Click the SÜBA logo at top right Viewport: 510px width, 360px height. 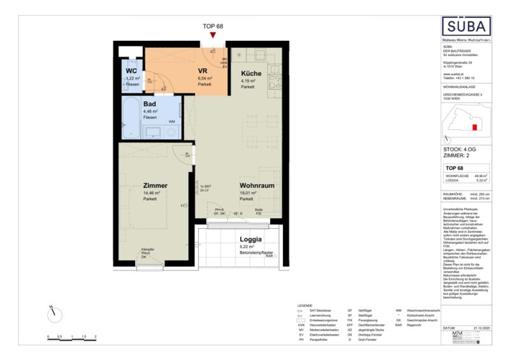click(x=467, y=26)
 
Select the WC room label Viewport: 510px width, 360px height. click(x=132, y=71)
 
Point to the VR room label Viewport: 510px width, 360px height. click(x=203, y=71)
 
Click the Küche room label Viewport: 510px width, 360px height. click(x=251, y=73)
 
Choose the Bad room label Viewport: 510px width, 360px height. click(x=150, y=104)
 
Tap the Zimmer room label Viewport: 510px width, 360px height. click(x=156, y=185)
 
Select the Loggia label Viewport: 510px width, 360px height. click(x=245, y=238)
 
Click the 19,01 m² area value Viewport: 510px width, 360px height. click(x=248, y=193)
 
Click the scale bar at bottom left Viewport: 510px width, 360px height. click(x=71, y=331)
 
